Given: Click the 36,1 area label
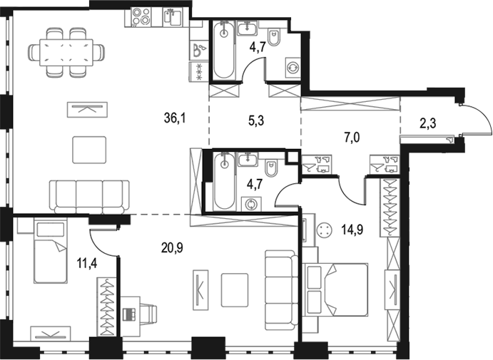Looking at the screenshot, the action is point(175,118).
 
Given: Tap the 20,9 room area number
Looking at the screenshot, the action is point(172,248).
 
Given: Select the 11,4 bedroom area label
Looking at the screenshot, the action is point(87,262).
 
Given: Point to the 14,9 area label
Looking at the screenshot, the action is point(352,230).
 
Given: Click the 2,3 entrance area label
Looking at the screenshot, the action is point(428,123).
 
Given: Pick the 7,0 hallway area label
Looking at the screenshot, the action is point(352,138).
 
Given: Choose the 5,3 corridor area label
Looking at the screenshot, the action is point(256,120).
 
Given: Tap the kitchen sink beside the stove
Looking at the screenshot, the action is point(172,17).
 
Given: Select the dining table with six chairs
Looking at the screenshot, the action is point(66,53).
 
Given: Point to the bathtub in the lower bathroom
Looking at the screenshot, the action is point(224,181).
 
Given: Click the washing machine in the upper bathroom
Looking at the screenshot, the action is point(293,68).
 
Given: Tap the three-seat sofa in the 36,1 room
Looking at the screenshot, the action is point(89,197).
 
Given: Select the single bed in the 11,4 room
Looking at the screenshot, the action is point(51,252).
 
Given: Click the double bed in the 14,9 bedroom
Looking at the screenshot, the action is point(336,289).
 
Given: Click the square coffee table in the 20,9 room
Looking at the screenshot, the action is point(235,290).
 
